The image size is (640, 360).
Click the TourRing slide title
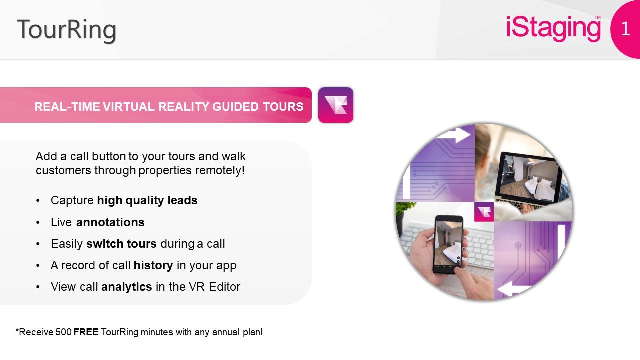pos(67,30)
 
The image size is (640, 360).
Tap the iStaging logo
pos(553,28)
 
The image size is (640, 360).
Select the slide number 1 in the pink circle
pos(625,29)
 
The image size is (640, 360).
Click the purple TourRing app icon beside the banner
pos(336,105)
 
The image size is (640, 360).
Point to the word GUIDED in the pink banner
pos(236,107)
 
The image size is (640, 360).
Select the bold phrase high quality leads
pos(147,200)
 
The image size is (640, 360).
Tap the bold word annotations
pos(110,222)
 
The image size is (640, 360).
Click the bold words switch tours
pos(121,244)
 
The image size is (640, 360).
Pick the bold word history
pos(153,265)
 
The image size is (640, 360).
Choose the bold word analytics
pos(127,287)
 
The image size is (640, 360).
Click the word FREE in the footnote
pos(86,332)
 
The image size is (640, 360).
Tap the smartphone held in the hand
pos(449,244)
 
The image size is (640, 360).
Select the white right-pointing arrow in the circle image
pos(454,135)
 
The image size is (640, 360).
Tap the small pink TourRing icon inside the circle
pos(484,212)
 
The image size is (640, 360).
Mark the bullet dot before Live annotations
pos(38,223)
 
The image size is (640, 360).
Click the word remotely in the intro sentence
pos(220,170)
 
